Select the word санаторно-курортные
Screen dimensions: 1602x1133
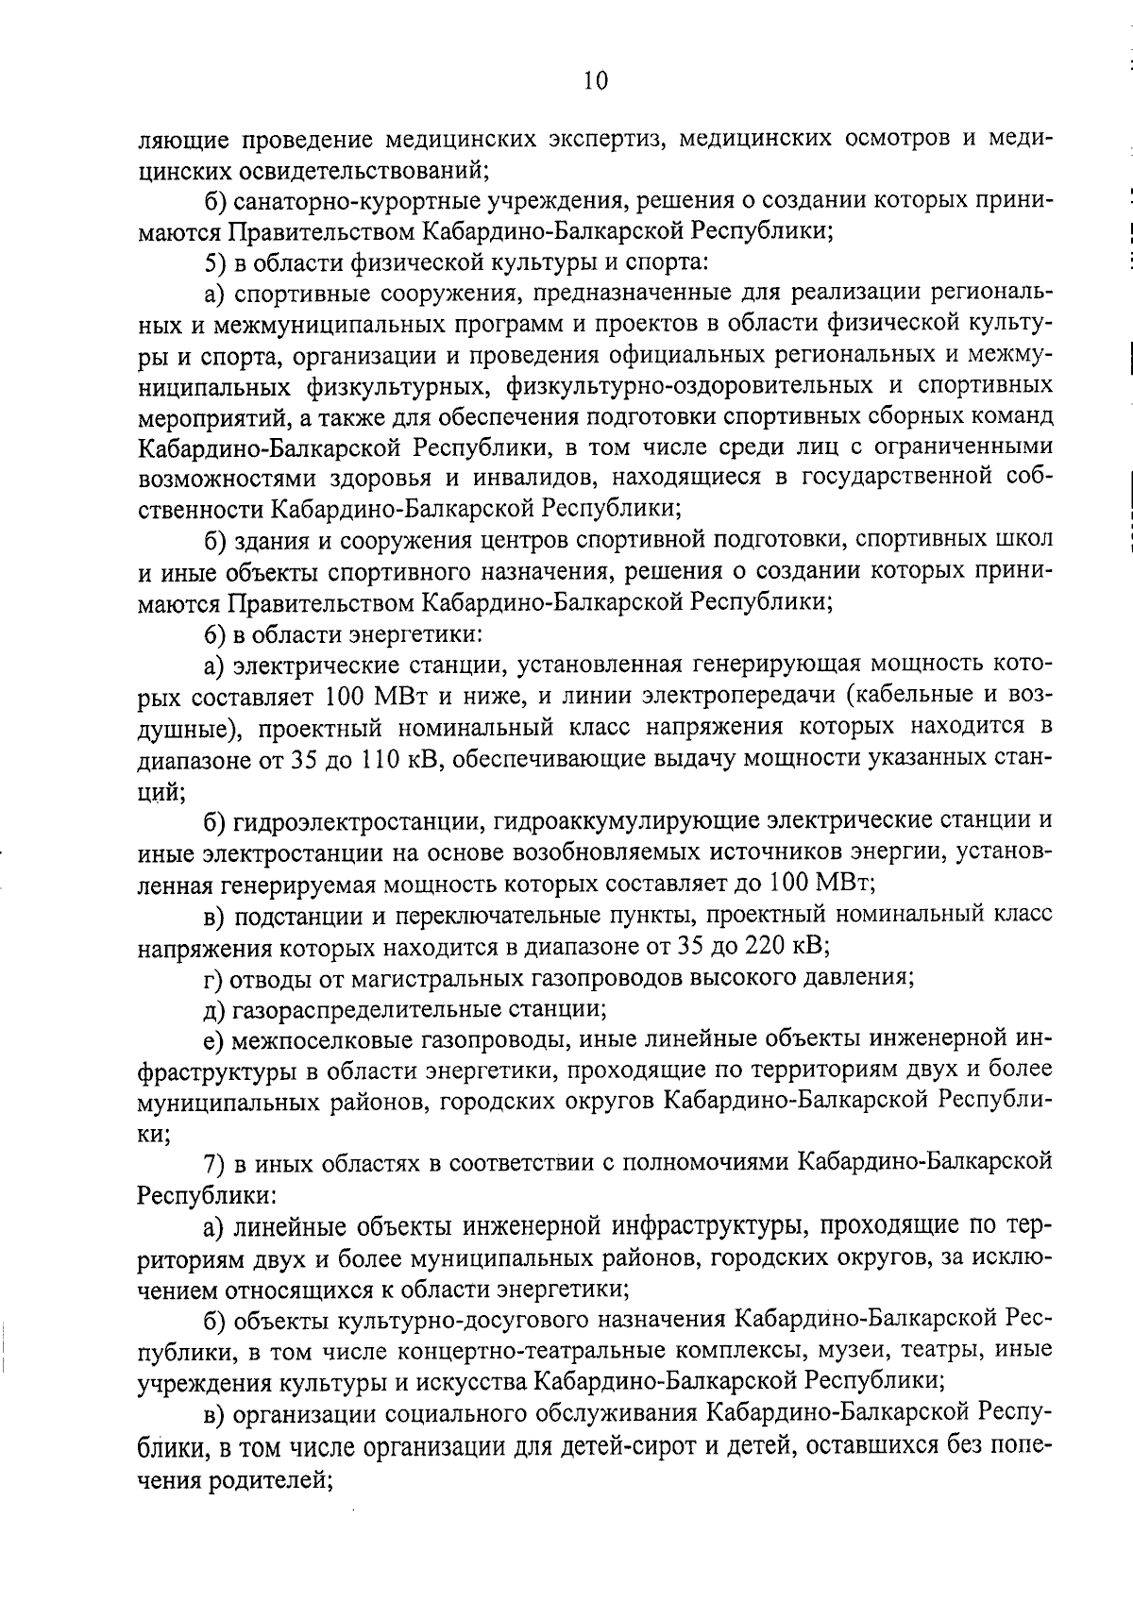coord(335,201)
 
